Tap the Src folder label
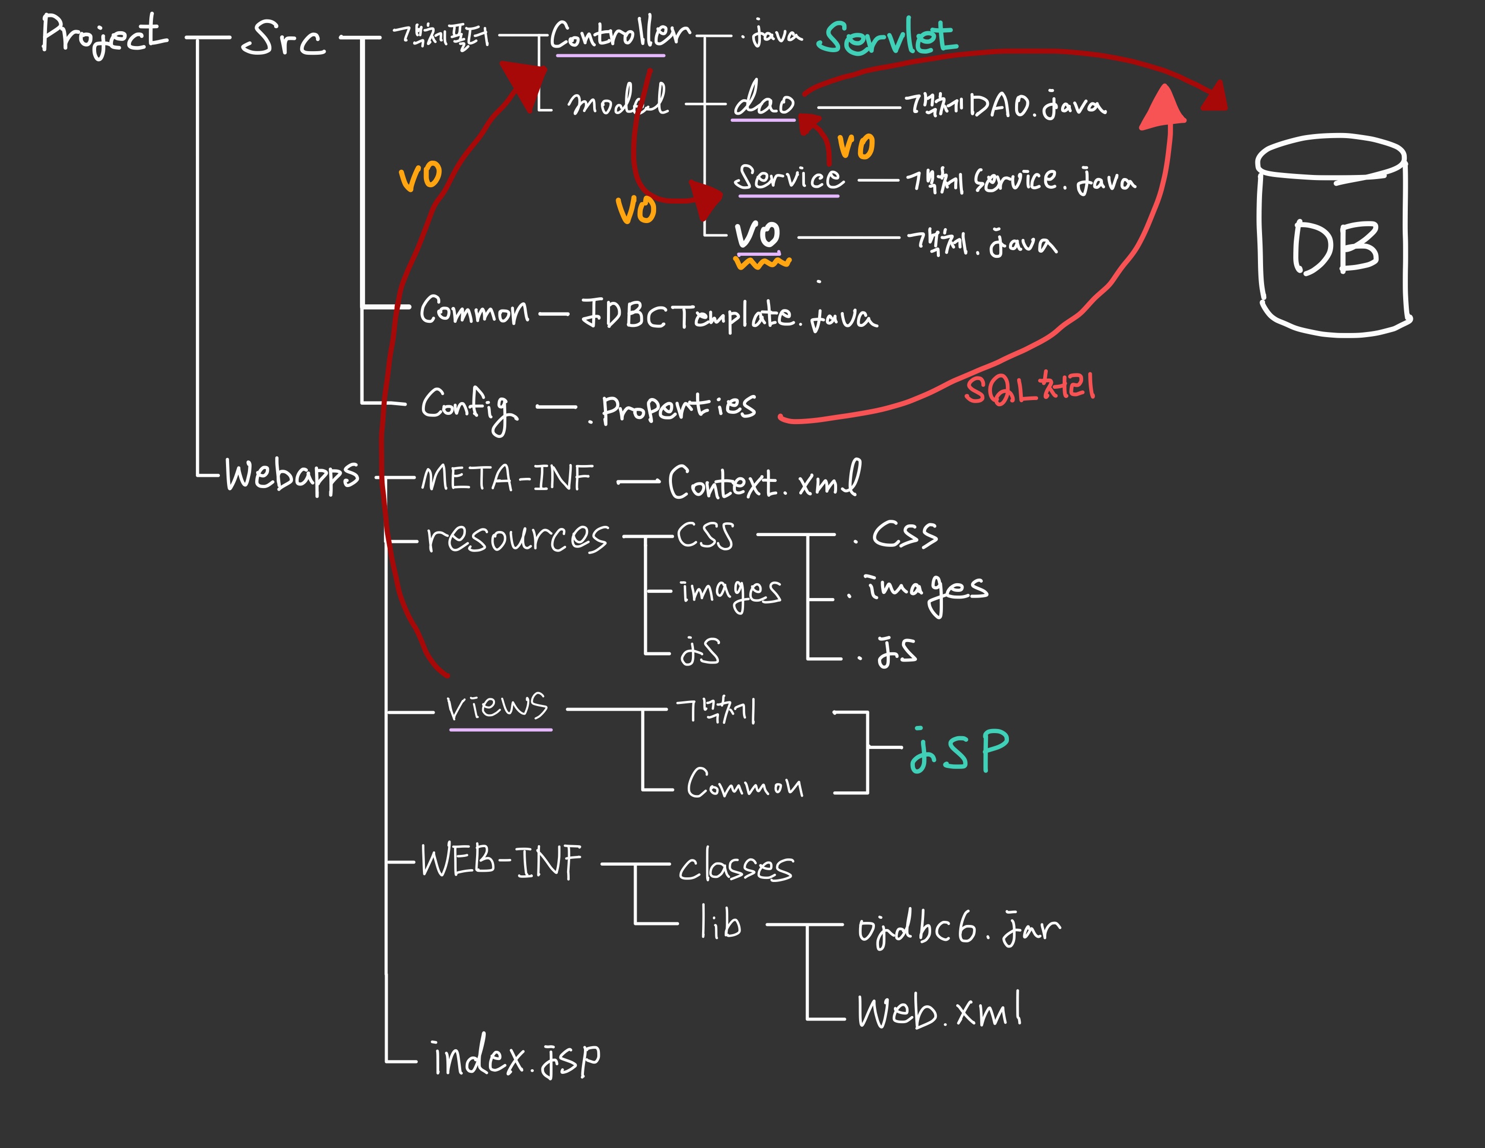pyautogui.click(x=283, y=39)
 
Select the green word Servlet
pyautogui.click(x=887, y=37)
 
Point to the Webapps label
pyautogui.click(x=291, y=475)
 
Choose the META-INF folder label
pyautogui.click(x=507, y=478)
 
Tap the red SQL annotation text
pyautogui.click(x=1029, y=389)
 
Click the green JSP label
pyautogui.click(x=959, y=751)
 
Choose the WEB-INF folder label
pyautogui.click(x=501, y=862)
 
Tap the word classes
pyautogui.click(x=736, y=868)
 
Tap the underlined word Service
pyautogui.click(x=789, y=178)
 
